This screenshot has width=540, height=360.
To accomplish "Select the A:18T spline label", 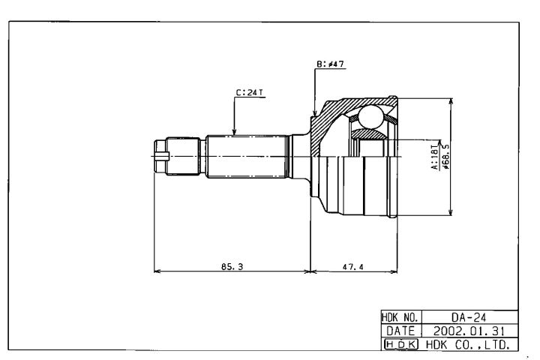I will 434,160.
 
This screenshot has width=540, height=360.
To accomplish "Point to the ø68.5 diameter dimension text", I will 445,160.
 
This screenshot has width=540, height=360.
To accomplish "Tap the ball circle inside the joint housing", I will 370,117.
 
